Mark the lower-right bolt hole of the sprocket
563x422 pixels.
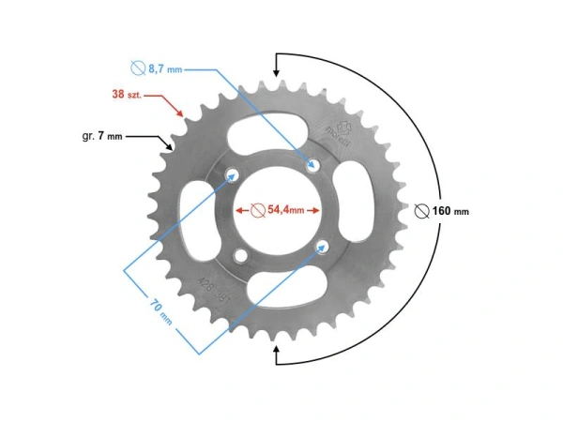[324, 247]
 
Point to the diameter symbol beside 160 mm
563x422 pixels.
[421, 211]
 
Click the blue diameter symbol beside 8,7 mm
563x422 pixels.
[137, 68]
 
